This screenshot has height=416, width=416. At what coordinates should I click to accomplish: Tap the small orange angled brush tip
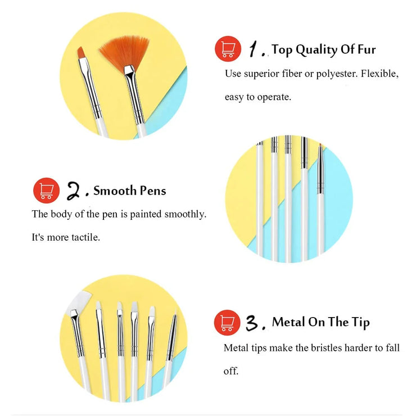coord(82,53)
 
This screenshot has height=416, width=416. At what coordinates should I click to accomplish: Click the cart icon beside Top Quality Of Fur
coord(228,49)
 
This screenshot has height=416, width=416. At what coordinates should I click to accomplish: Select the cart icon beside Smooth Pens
coord(47,191)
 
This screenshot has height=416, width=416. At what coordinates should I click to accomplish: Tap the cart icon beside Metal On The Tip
coord(227,322)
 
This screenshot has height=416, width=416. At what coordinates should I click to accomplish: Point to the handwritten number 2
coord(74,191)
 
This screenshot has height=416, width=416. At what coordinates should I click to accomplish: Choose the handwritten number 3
coord(252,323)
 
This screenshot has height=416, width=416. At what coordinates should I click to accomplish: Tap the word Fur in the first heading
coord(367,49)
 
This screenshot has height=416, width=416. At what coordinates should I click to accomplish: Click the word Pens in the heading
coord(153,191)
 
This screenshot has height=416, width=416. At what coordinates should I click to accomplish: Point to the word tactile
coord(85,237)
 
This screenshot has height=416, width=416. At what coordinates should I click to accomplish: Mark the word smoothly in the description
coord(185,214)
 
